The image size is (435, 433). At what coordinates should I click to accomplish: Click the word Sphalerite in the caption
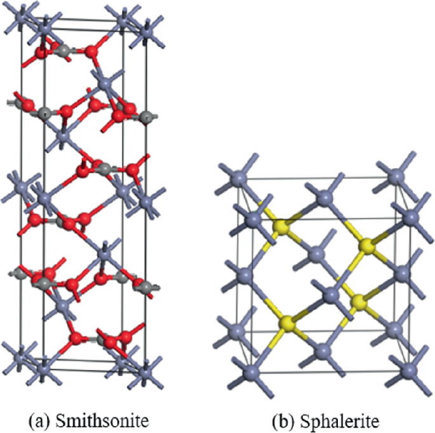point(335,419)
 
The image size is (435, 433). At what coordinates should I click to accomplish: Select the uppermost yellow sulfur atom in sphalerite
point(280,227)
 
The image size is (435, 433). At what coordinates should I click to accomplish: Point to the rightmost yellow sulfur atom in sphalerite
point(366,246)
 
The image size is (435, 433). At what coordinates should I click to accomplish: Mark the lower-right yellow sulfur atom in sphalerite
point(360,301)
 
